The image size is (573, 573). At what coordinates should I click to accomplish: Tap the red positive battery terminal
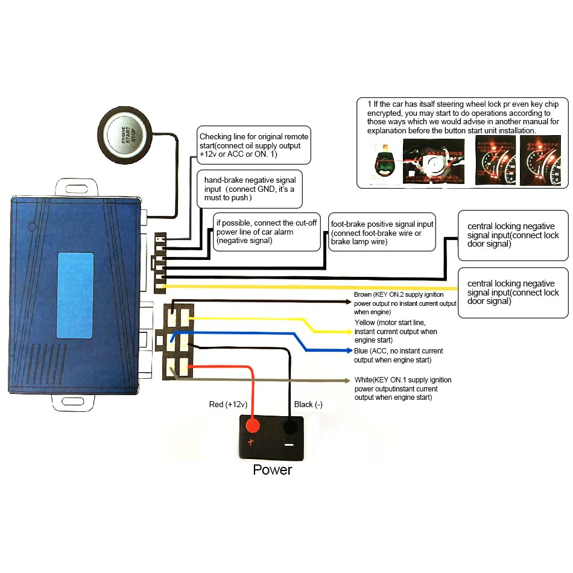coord(253,427)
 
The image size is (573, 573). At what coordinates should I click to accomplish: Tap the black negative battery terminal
coord(290,427)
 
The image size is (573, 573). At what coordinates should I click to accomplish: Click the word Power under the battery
coord(272,469)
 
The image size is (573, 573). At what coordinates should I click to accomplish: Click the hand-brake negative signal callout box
coord(250,189)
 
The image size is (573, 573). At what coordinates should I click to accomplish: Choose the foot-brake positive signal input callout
coord(382,231)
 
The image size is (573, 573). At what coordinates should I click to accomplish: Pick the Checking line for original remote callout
coord(254,145)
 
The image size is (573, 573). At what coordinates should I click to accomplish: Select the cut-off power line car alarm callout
coord(267,231)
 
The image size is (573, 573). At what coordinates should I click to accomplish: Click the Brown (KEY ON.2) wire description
coord(405,303)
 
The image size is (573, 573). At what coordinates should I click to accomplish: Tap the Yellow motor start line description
coord(396,332)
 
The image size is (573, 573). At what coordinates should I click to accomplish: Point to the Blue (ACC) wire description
coord(399,355)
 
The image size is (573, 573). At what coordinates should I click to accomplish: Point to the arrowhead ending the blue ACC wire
coord(348,350)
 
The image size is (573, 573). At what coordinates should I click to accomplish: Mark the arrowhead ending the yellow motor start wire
coord(348,331)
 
